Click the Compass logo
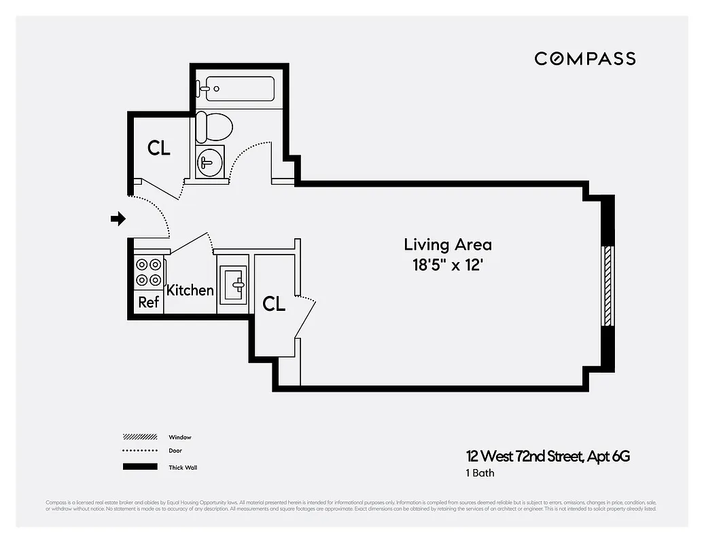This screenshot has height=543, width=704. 584,58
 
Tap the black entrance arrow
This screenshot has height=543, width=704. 118,218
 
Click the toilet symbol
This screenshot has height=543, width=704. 213,127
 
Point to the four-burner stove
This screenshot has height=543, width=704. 148,272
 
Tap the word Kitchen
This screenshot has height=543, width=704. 190,290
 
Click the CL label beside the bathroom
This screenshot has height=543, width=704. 159,147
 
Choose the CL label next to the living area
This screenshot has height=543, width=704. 274,304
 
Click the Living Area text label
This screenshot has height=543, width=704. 447,244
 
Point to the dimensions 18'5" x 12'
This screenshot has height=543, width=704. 447,265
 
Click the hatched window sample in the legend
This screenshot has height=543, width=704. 141,436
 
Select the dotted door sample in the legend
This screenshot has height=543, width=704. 141,451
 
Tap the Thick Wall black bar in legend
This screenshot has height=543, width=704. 141,467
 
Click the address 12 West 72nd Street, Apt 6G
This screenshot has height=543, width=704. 548,456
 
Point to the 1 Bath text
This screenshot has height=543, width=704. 479,472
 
